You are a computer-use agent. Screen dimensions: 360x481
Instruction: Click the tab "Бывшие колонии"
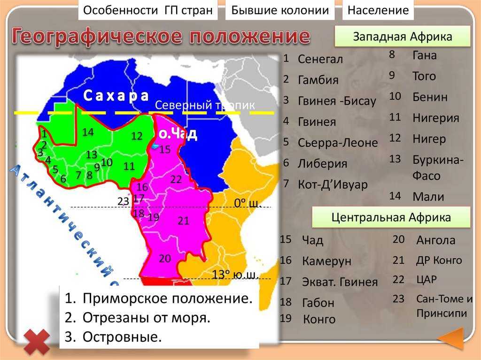pos(280,10)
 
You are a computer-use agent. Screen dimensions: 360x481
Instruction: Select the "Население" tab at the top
pos(378,10)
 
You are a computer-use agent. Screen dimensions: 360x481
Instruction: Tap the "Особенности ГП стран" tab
pos(148,10)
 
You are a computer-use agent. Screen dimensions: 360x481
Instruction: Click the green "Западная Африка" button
pos(402,37)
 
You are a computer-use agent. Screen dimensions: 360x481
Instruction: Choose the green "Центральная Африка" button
pos(391,217)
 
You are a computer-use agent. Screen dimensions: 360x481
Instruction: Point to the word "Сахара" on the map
pos(116,96)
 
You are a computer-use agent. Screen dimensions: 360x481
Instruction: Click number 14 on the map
pos(88,132)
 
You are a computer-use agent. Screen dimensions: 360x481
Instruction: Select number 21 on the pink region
pos(183,221)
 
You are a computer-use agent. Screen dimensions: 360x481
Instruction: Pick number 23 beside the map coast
pos(123,201)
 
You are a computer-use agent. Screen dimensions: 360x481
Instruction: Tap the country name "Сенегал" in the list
pos(320,60)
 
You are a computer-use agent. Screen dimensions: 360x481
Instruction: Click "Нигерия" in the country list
pos(435,118)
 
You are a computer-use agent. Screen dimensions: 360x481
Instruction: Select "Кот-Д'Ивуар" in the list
pos(332,184)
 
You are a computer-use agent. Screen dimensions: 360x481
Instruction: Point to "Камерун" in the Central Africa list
pos(326,261)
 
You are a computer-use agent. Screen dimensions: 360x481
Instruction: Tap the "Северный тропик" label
pos(205,105)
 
